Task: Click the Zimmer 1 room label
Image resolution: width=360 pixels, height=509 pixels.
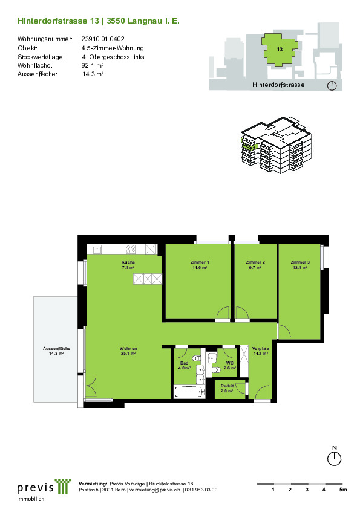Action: click(200, 265)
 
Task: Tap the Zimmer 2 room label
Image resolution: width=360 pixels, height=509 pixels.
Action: click(255, 265)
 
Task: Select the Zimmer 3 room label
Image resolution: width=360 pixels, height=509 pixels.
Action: click(300, 265)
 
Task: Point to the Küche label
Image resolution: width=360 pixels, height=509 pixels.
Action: click(128, 265)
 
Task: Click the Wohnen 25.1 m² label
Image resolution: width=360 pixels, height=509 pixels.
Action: click(128, 351)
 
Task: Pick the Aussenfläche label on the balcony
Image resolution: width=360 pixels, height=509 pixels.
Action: click(56, 351)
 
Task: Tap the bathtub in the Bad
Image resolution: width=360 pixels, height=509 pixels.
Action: click(189, 392)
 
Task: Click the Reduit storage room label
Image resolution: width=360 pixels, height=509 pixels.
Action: click(227, 389)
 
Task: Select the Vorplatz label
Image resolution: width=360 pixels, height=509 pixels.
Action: click(260, 351)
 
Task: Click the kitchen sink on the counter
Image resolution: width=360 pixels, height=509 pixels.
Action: click(97, 249)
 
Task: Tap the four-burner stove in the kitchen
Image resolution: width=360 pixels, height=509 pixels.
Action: click(131, 249)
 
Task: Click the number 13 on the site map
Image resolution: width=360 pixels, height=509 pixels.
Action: click(280, 50)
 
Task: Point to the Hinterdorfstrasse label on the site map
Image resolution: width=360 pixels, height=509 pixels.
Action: click(278, 85)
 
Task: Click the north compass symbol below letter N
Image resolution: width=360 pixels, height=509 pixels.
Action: click(334, 459)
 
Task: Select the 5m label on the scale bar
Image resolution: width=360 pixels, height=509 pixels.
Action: click(343, 490)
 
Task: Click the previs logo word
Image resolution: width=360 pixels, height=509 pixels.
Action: click(36, 488)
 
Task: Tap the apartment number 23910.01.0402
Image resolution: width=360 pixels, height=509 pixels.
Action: click(103, 39)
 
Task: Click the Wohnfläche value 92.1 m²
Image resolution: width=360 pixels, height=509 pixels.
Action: click(93, 65)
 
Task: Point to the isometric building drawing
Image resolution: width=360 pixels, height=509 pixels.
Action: click(276, 144)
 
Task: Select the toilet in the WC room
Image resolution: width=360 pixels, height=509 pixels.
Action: click(217, 370)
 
